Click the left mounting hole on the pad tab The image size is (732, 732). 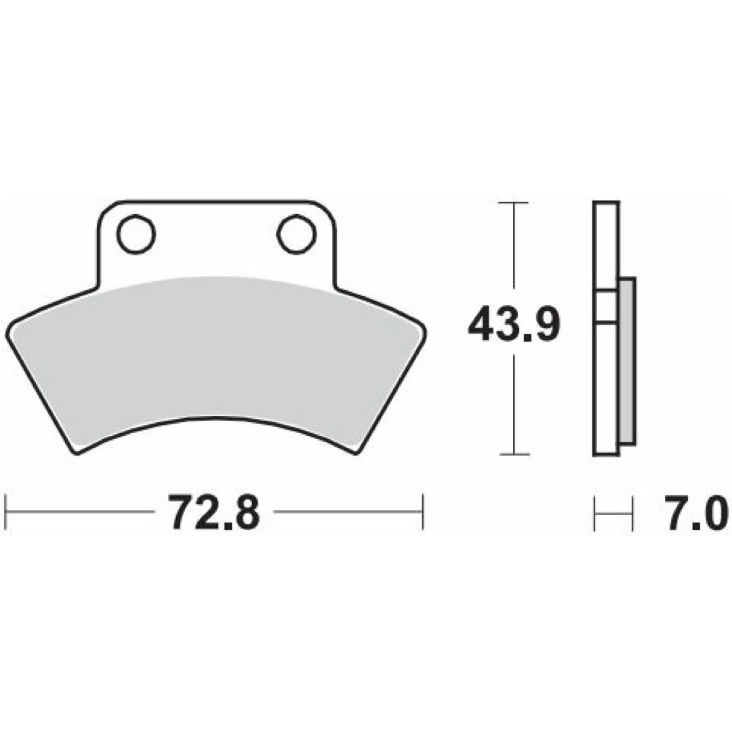[x=136, y=234]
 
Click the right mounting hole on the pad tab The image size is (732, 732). [x=296, y=234]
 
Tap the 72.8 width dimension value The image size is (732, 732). [x=213, y=512]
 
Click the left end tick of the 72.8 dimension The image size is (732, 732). [x=5, y=512]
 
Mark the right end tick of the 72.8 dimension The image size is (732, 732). [x=422, y=512]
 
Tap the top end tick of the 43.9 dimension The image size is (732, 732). [x=514, y=203]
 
